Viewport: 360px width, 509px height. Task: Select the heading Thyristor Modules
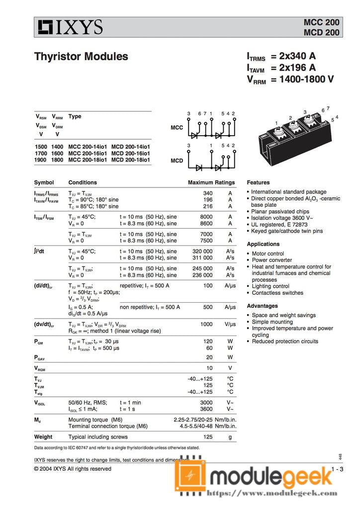pos(81,57)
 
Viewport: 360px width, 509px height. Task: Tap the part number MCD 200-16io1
pos(130,154)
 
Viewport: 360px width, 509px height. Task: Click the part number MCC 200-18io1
pos(88,160)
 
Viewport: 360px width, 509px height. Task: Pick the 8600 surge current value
pos(206,224)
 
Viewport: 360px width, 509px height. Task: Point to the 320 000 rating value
pos(202,251)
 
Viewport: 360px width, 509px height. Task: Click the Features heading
pos(258,182)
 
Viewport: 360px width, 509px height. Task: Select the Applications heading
pos(263,244)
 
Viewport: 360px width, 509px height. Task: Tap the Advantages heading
pos(262,306)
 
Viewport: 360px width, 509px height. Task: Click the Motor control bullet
pos(268,254)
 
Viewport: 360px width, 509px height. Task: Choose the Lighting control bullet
pos(270,286)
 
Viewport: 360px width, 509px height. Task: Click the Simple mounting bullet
pos(272,322)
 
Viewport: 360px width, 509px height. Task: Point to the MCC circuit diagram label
pos(177,128)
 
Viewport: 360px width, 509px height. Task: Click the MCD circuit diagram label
pos(177,161)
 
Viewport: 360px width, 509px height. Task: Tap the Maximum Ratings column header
pos(211,182)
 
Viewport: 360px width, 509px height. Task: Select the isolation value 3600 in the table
pos(206,409)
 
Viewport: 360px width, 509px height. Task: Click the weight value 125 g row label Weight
pos(43,437)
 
